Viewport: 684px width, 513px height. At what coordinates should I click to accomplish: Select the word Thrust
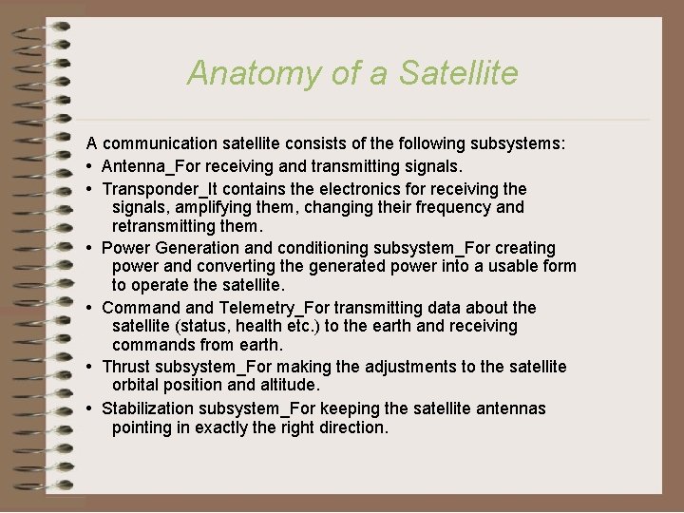(x=126, y=367)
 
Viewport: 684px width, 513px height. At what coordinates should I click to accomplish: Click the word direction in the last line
(x=348, y=427)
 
